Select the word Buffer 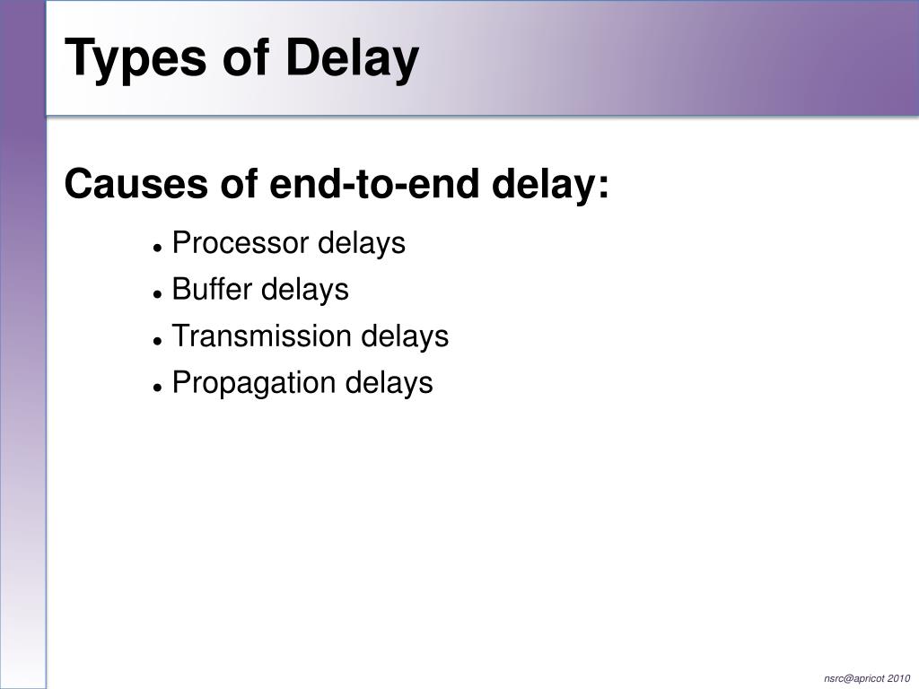212,290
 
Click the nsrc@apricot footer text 853,677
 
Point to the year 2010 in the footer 898,677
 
